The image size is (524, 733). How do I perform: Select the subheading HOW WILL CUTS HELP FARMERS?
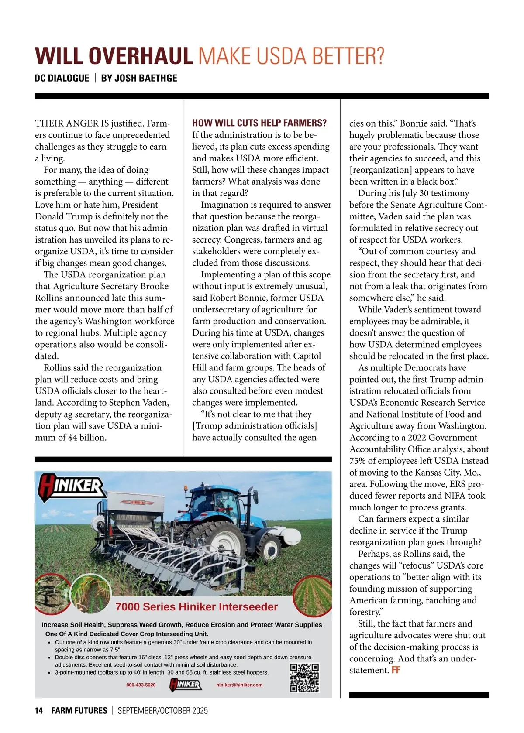tap(259, 123)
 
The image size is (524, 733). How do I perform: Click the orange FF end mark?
tap(396, 670)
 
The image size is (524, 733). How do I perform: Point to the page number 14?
tap(39, 711)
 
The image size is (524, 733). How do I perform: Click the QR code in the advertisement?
tap(304, 678)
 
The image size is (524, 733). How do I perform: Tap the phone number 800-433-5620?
tap(141, 685)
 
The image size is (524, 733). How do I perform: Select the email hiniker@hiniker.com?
tap(239, 685)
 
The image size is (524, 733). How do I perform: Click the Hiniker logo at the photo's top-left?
tap(71, 487)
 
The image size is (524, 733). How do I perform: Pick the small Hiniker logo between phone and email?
tap(186, 685)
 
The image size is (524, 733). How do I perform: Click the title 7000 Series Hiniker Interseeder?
tap(196, 607)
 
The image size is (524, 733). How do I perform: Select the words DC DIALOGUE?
tap(62, 79)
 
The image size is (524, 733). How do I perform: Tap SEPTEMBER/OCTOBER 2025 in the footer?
tap(163, 711)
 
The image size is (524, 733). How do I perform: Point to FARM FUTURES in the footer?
tap(79, 711)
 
